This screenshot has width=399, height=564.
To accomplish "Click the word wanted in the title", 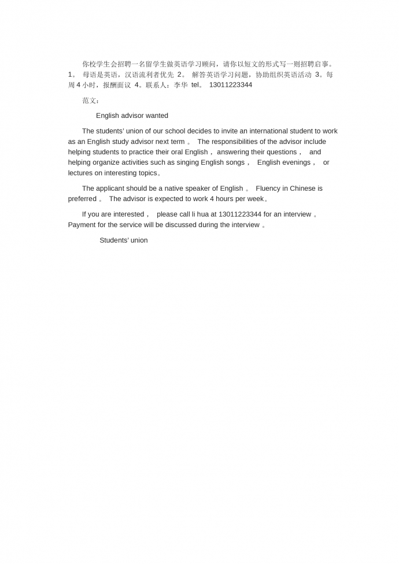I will [157, 116].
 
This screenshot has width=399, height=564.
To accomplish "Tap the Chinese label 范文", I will [90, 101].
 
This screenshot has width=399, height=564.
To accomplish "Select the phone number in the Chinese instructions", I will [230, 85].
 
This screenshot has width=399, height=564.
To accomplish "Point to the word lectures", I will [80, 173].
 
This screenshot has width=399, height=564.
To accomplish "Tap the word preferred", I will [82, 199].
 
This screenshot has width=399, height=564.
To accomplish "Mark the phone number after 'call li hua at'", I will [240, 214].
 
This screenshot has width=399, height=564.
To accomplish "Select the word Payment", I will [82, 225].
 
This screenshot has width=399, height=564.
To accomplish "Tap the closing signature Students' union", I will [123, 240].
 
